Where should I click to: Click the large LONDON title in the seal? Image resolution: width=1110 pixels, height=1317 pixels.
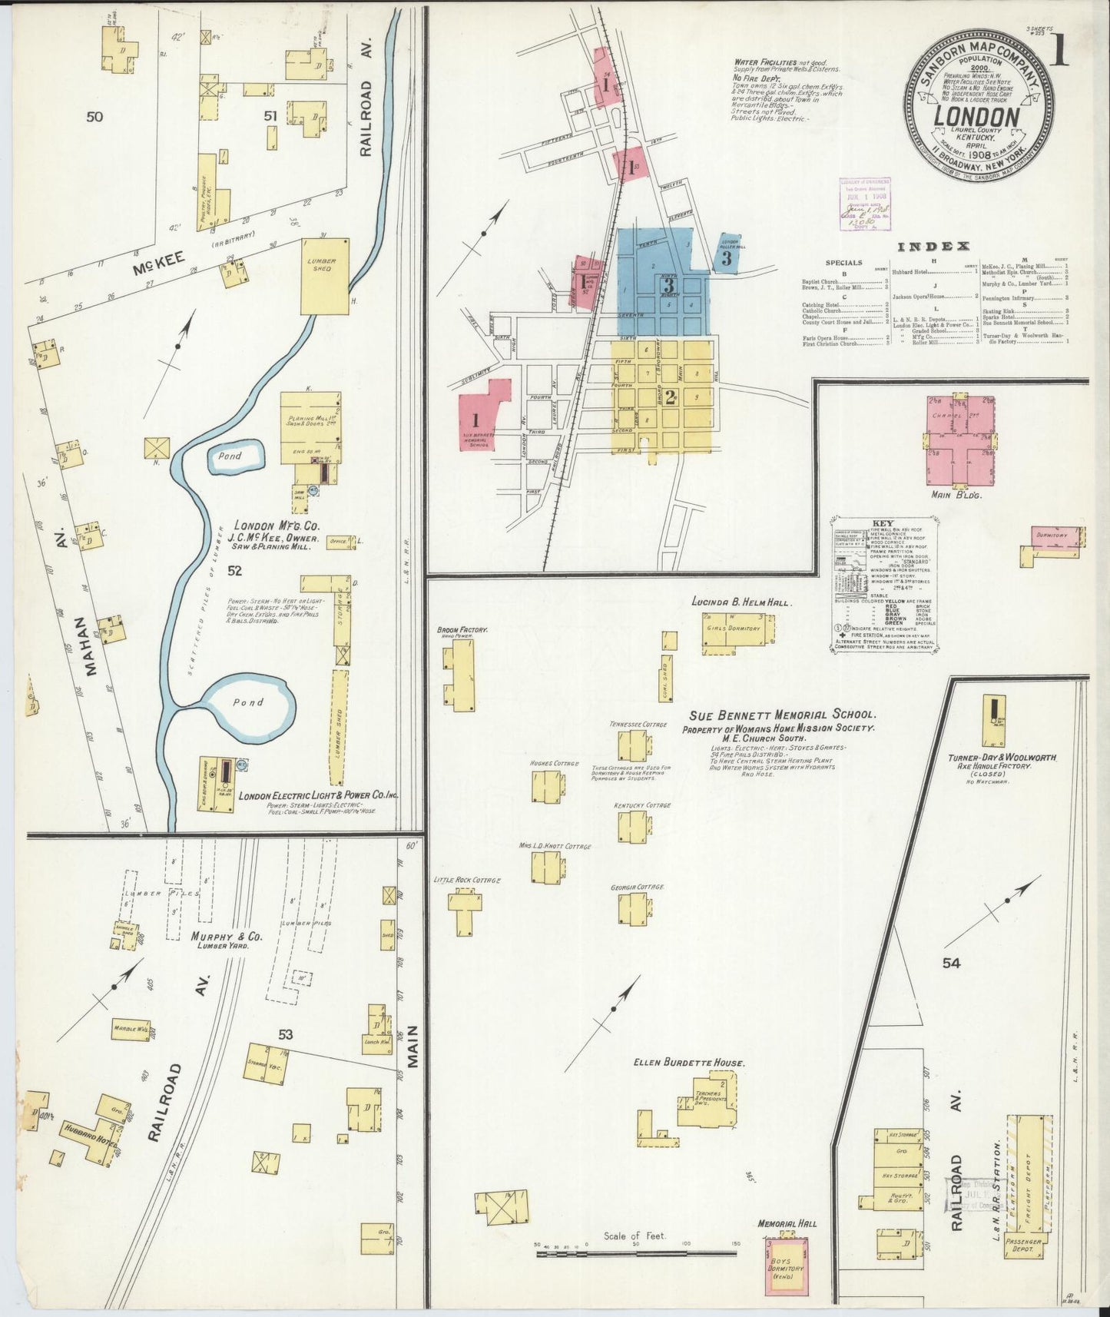tap(976, 118)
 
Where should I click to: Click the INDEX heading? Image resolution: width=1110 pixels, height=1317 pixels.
tap(933, 247)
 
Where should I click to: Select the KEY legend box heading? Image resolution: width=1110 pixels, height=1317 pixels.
tap(883, 522)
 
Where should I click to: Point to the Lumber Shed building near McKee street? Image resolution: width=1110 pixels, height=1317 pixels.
tap(323, 276)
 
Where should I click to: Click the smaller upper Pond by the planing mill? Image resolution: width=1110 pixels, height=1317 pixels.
tap(236, 456)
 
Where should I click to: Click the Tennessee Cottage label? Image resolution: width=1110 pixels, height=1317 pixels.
tap(638, 725)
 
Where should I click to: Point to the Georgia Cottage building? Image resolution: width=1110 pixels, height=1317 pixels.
tap(634, 909)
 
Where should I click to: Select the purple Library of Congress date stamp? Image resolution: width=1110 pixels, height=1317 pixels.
tap(864, 204)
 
